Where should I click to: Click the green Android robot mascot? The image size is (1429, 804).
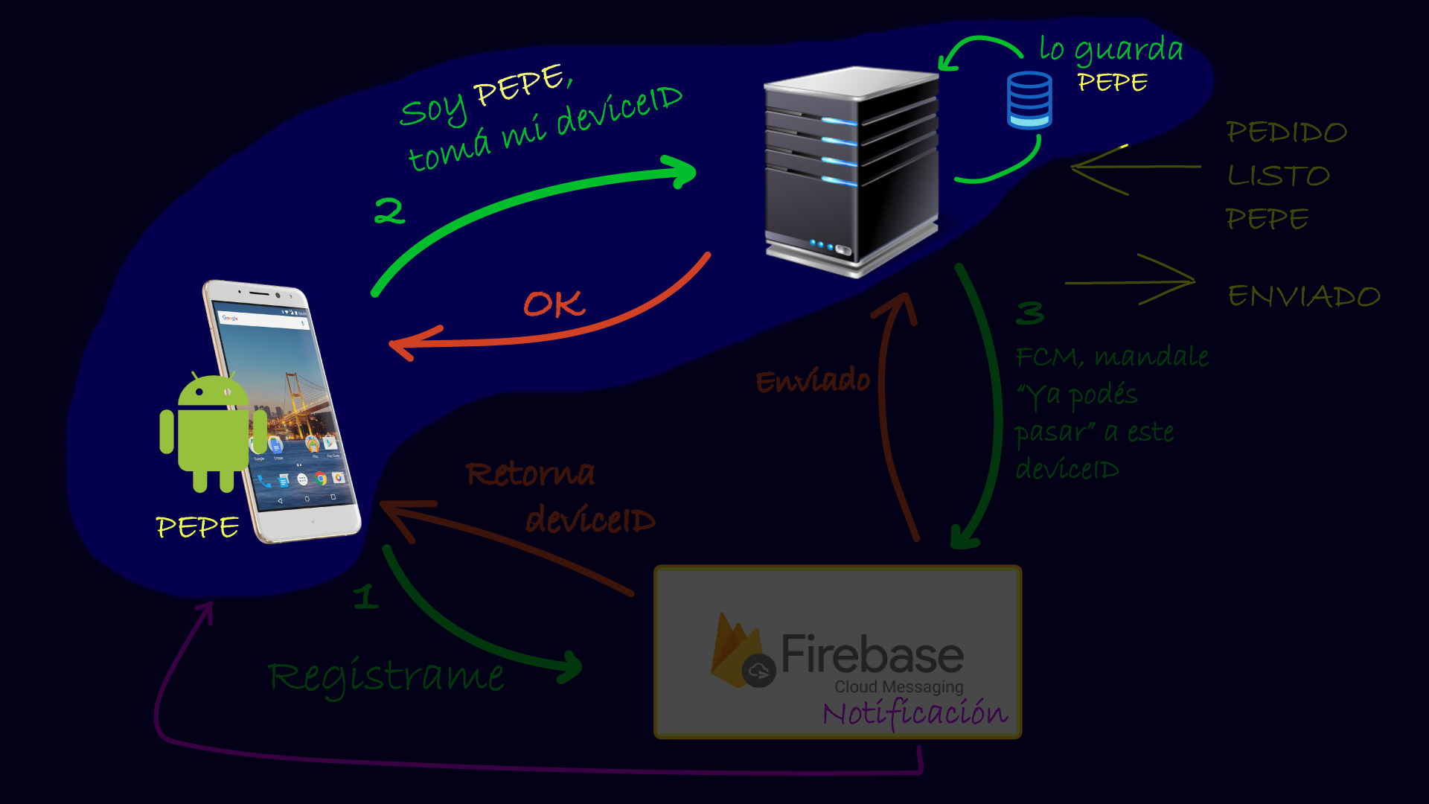(212, 432)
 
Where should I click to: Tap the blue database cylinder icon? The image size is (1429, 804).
(1029, 100)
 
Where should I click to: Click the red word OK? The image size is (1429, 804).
(554, 304)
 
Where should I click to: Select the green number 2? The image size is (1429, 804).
(389, 211)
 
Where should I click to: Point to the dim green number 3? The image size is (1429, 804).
(1030, 313)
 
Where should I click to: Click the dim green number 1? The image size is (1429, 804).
(365, 596)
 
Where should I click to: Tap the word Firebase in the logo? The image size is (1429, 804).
(872, 654)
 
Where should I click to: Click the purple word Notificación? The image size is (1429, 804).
(915, 713)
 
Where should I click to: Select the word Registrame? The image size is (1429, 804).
(386, 677)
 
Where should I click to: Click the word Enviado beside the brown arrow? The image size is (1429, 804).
(812, 380)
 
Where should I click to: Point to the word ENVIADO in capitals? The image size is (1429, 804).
(1304, 296)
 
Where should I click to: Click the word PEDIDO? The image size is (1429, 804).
(1286, 133)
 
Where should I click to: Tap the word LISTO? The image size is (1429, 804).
(1278, 176)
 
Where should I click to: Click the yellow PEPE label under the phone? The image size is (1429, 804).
(197, 527)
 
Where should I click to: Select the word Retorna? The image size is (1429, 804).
(530, 473)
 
